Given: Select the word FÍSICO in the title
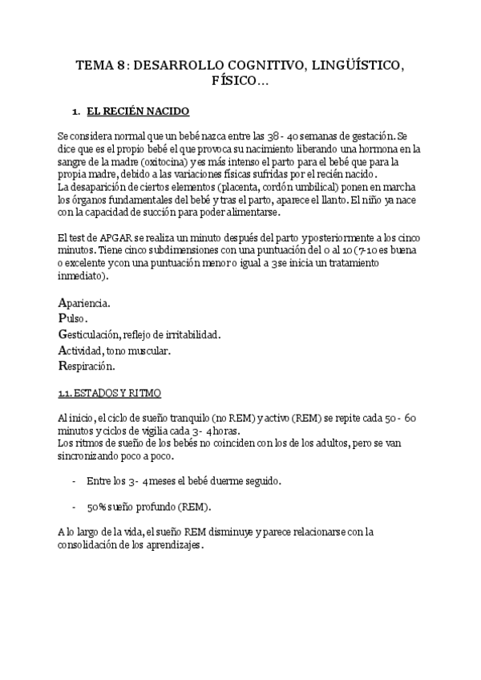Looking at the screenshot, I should coord(234,81).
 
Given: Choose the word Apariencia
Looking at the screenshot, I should coord(85,303).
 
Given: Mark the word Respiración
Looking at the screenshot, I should coord(87,366).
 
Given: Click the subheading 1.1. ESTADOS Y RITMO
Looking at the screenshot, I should coord(110,393).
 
